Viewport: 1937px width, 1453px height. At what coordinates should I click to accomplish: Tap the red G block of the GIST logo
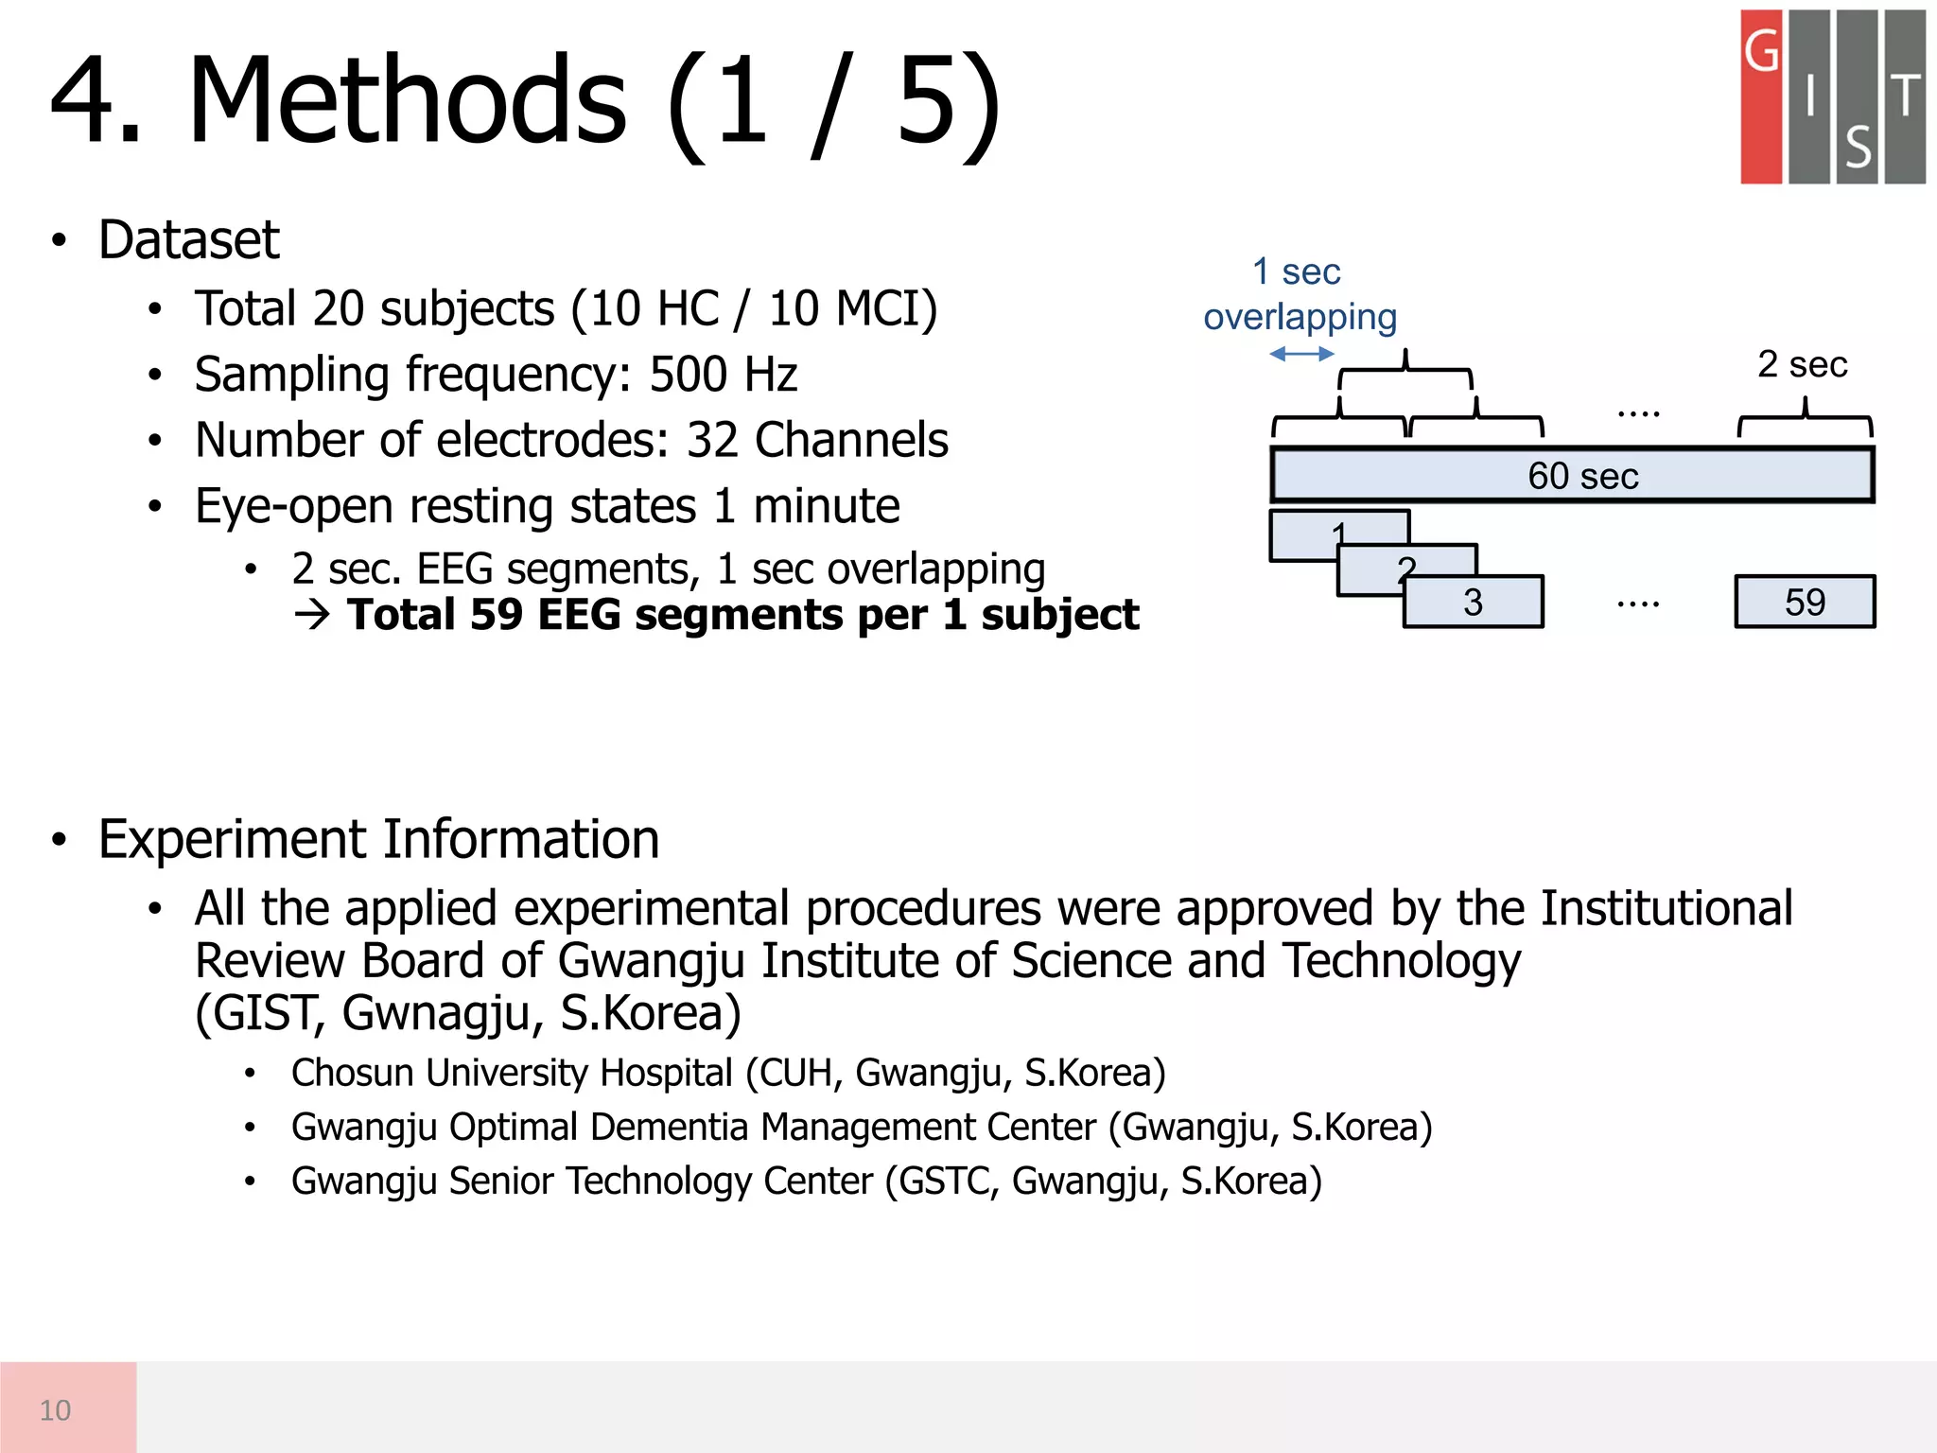pyautogui.click(x=1761, y=96)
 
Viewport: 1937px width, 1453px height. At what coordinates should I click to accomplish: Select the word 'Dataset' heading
pyautogui.click(x=188, y=239)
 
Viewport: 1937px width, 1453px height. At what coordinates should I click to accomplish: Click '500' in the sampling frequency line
pyautogui.click(x=688, y=375)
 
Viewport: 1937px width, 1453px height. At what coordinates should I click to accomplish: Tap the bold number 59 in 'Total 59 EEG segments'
pyautogui.click(x=496, y=615)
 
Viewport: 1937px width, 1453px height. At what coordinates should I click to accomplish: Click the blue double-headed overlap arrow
pyautogui.click(x=1301, y=354)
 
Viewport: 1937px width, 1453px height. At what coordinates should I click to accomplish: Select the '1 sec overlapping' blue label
pyautogui.click(x=1300, y=294)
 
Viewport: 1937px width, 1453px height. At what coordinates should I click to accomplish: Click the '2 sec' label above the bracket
pyautogui.click(x=1802, y=364)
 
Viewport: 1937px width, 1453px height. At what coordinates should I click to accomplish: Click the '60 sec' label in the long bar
pyautogui.click(x=1582, y=476)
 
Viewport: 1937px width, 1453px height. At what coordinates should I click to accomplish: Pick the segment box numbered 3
pyautogui.click(x=1473, y=603)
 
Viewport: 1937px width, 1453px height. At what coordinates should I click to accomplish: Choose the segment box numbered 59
pyautogui.click(x=1805, y=603)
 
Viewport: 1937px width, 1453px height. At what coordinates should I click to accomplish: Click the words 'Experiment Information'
pyautogui.click(x=378, y=839)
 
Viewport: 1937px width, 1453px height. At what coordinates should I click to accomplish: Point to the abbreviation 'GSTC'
pyautogui.click(x=947, y=1182)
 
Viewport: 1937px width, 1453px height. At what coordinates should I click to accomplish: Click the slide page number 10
pyautogui.click(x=55, y=1410)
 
